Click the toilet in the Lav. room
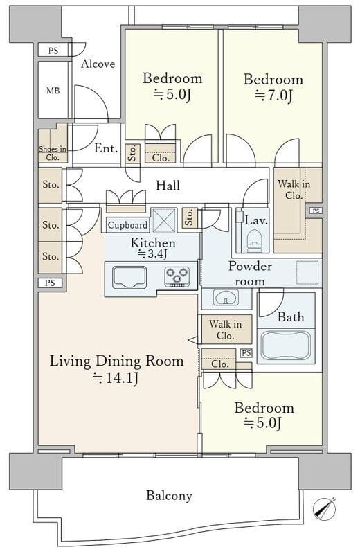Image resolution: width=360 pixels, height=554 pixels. click(x=254, y=240)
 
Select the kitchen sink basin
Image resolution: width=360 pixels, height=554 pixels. click(x=129, y=277)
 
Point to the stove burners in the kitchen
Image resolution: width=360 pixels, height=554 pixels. click(x=177, y=276)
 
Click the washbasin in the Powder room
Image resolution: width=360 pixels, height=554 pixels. click(x=226, y=298)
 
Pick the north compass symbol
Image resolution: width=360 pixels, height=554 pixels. click(x=324, y=508)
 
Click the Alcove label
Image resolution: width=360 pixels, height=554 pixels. click(x=98, y=64)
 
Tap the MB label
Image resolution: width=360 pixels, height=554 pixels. click(x=53, y=91)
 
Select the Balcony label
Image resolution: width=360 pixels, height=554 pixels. click(x=169, y=495)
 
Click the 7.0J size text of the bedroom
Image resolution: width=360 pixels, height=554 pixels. click(x=273, y=95)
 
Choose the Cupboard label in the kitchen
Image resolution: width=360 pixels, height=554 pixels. click(x=127, y=225)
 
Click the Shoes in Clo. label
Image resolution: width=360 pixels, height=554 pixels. click(x=53, y=153)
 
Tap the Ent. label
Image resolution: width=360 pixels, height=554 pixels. click(x=106, y=148)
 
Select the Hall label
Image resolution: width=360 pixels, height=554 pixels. click(x=168, y=185)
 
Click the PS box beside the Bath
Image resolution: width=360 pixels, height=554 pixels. click(x=246, y=352)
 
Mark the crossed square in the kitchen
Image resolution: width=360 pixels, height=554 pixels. click(x=163, y=220)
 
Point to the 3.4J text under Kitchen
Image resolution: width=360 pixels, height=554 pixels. click(x=152, y=253)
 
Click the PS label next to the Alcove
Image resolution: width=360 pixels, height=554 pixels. click(x=53, y=51)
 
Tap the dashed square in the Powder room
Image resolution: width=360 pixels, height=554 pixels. click(x=307, y=272)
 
